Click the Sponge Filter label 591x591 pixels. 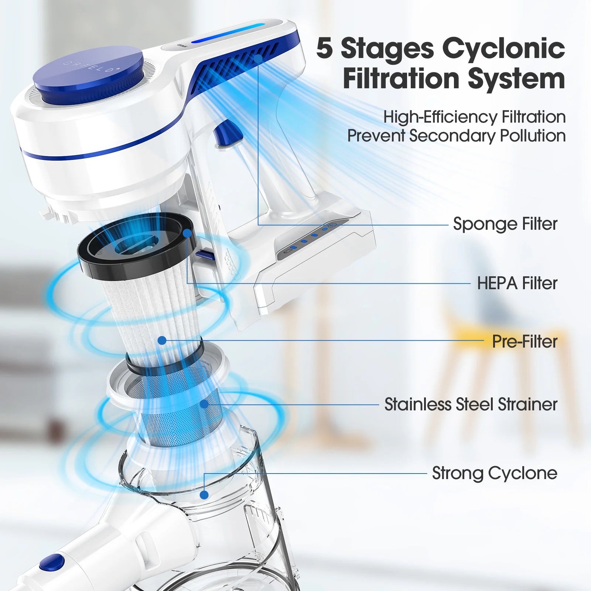505,224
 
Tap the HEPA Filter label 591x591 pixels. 517,283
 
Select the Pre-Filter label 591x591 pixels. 525,341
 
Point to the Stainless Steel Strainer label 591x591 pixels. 471,404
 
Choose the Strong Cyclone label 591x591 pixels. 495,473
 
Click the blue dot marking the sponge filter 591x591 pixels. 258,58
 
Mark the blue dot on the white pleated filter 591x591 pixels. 162,341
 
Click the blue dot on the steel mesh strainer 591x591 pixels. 204,404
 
